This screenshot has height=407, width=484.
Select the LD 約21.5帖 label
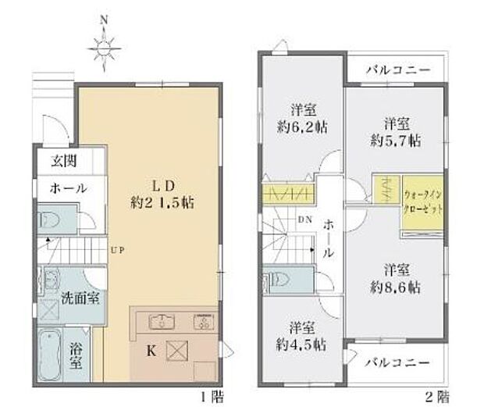pyautogui.click(x=162, y=194)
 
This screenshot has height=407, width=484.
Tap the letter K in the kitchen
pyautogui.click(x=151, y=351)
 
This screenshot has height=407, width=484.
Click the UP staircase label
pyautogui.click(x=117, y=251)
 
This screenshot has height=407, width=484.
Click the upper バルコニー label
pyautogui.click(x=398, y=70)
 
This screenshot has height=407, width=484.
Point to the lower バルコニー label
pyautogui.click(x=398, y=363)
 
